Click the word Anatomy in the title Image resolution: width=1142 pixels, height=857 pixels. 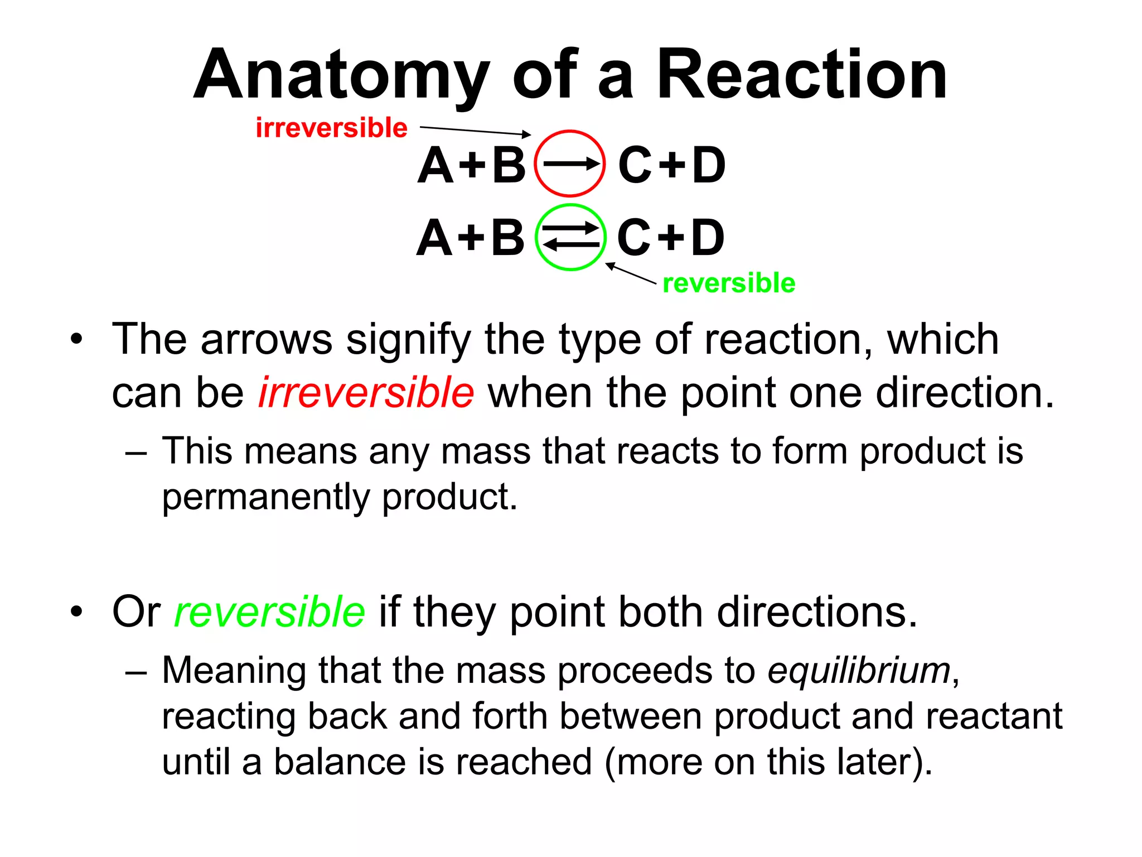click(341, 75)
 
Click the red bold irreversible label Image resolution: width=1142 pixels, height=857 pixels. click(331, 128)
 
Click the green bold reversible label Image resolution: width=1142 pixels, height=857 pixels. click(728, 283)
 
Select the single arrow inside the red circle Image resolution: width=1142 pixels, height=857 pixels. click(570, 164)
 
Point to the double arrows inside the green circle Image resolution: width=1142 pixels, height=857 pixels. click(570, 237)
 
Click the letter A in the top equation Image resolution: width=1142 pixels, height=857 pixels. click(435, 166)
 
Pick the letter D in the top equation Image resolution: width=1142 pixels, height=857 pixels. click(708, 166)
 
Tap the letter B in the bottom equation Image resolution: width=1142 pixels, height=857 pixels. click(507, 238)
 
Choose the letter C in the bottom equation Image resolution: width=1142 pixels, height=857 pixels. click(635, 238)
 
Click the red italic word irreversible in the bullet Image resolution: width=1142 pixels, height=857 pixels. click(366, 393)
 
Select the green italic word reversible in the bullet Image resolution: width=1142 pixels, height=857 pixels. click(269, 612)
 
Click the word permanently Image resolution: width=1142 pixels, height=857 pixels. click(265, 497)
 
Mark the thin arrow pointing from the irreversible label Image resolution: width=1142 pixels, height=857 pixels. click(475, 131)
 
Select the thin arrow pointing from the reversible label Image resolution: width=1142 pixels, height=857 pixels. click(631, 273)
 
